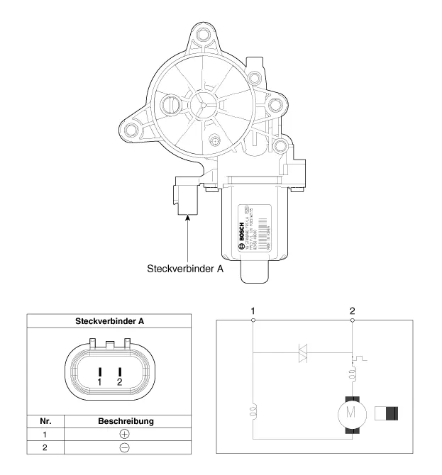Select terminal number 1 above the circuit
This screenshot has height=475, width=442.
click(253, 311)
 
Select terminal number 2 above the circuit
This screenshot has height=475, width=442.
click(353, 311)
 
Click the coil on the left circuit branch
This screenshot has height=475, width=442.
click(253, 411)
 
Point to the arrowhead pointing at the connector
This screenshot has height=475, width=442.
click(187, 218)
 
